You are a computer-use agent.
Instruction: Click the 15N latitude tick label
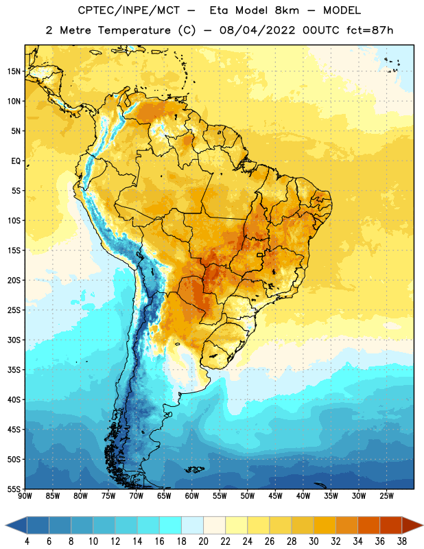14,71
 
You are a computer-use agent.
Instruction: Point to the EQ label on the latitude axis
16,161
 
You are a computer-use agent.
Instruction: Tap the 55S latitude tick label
14,489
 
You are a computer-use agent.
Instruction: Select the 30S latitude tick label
14,340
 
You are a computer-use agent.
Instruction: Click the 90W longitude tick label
25,496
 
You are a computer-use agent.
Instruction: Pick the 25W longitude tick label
386,496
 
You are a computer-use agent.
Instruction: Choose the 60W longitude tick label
192,496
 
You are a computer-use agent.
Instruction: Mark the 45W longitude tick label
275,496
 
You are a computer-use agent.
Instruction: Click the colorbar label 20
203,541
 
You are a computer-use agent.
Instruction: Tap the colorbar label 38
402,541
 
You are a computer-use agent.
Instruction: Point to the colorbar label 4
27,541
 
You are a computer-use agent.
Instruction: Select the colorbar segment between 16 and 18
170,524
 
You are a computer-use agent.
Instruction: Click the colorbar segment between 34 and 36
368,524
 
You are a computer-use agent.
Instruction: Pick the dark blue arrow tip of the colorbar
6,525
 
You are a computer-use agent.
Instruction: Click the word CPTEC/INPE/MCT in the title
128,11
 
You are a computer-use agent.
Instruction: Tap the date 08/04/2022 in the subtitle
257,30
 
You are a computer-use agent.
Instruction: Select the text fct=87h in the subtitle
370,30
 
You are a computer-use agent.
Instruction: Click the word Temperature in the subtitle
134,30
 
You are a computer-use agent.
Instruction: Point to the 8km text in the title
287,11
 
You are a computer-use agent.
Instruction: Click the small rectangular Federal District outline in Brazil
260,255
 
